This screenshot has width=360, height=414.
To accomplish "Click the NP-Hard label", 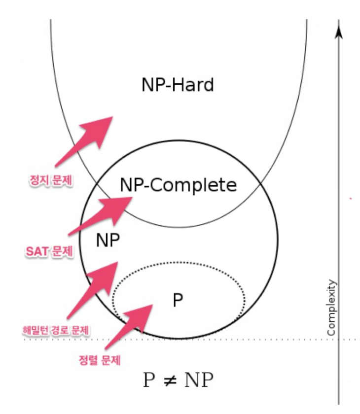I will click(178, 85).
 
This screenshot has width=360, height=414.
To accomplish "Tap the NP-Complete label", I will click(178, 185).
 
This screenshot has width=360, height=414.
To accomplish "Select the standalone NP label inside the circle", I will click(108, 241).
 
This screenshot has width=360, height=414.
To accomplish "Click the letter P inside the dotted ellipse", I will click(178, 300).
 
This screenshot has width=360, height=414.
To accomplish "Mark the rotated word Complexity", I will click(332, 309).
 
